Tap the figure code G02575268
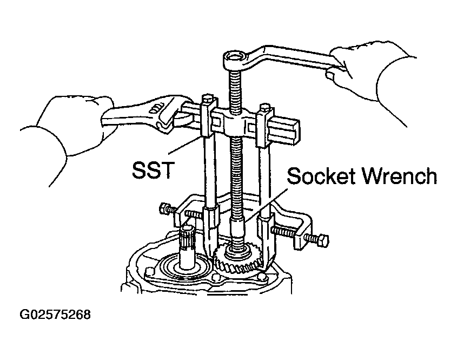(x=55, y=315)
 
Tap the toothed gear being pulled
(x=237, y=257)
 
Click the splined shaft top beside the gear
(x=186, y=233)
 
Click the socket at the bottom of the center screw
(x=237, y=230)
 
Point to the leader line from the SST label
(x=185, y=145)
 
